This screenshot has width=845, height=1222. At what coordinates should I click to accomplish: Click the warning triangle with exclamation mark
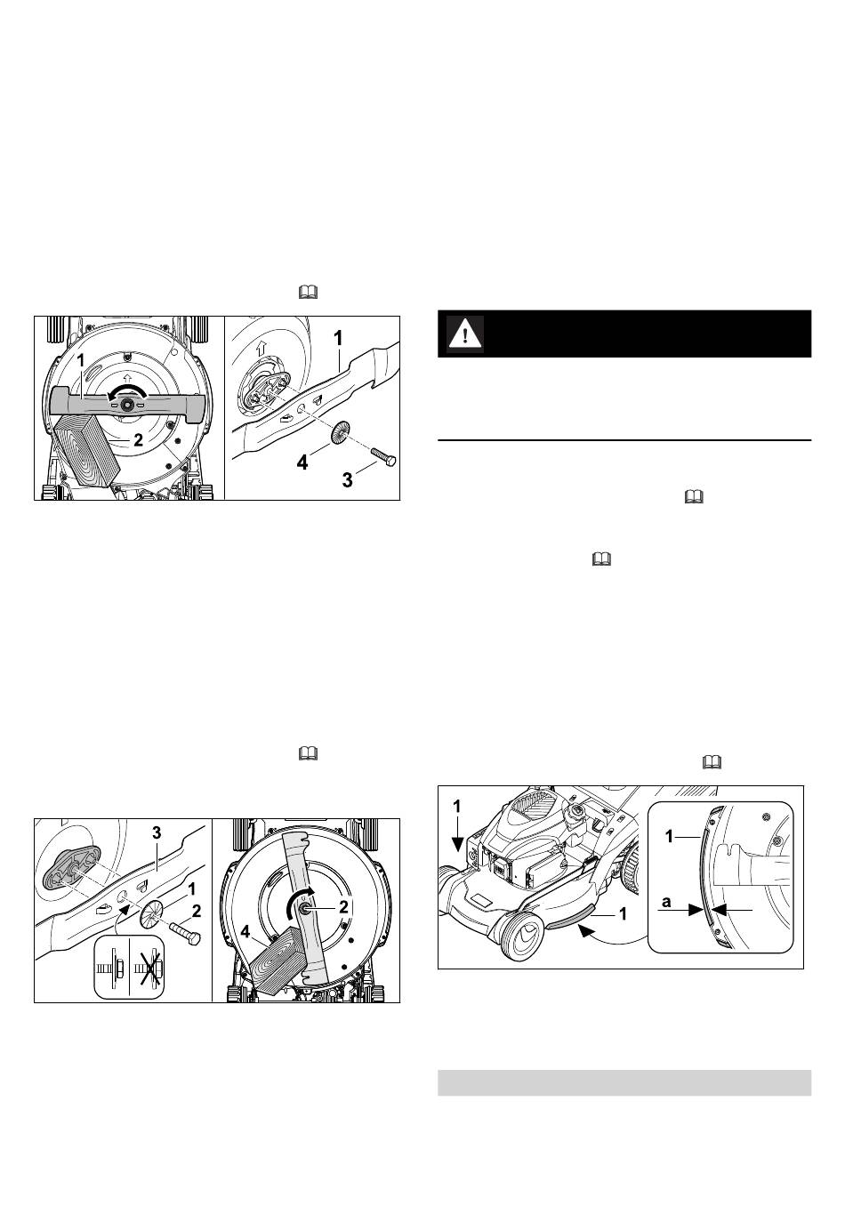465,334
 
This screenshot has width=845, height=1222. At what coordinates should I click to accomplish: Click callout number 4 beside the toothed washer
302,463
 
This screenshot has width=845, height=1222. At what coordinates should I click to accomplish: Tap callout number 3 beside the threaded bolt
347,479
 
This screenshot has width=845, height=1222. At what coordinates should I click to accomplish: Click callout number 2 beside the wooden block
139,439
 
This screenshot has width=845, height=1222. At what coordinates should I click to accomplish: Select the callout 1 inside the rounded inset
670,836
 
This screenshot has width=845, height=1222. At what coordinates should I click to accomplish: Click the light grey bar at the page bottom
624,1089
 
